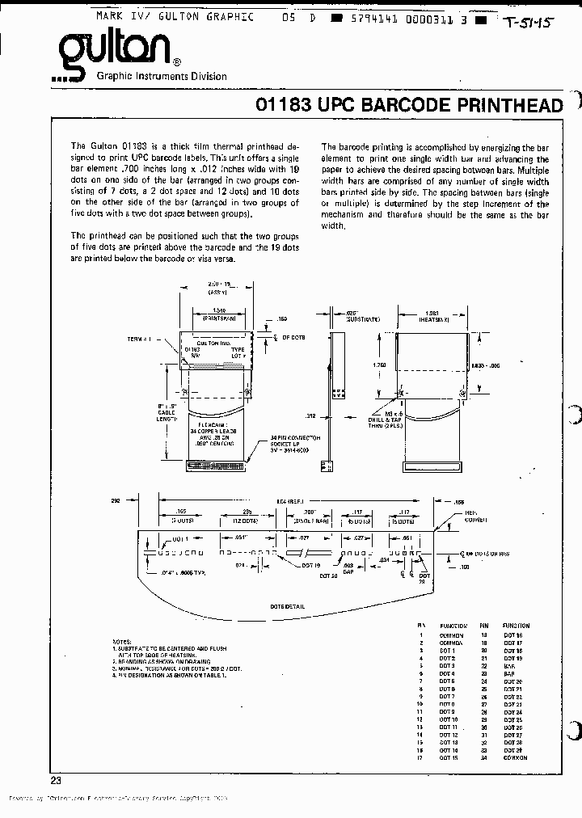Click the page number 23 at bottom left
tap(56, 780)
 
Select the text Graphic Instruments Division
tap(162, 76)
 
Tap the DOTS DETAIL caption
tap(288, 605)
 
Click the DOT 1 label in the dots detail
tap(179, 538)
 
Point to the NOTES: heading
tap(122, 639)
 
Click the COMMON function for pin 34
tap(515, 757)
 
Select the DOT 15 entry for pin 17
tap(449, 757)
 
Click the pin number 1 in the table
tap(421, 635)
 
